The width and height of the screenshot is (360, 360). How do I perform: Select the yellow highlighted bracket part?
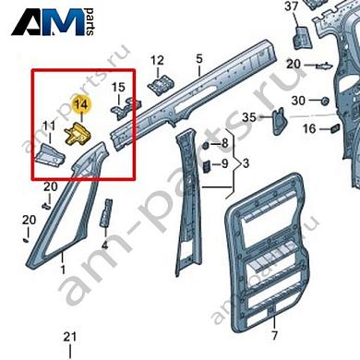click(x=78, y=137)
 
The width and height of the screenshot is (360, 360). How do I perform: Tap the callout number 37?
click(x=293, y=7)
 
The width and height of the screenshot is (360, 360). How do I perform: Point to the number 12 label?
click(x=157, y=60)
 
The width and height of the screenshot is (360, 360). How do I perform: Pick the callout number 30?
click(x=297, y=101)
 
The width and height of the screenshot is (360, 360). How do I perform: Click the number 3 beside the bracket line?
click(x=246, y=164)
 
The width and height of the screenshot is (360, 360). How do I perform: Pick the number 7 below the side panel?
click(x=274, y=335)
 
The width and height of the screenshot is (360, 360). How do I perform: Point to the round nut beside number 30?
click(x=326, y=100)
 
